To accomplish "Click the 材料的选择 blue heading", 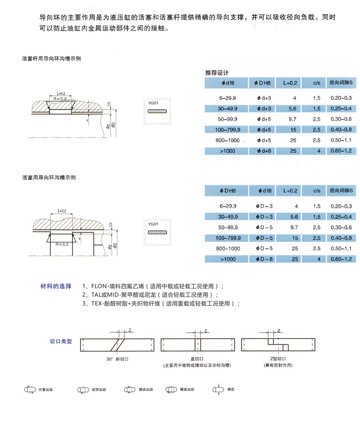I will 56,286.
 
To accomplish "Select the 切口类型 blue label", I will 61,342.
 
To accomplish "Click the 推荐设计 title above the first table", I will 217,73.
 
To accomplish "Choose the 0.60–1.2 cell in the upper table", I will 341,151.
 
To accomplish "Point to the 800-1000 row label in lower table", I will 228,248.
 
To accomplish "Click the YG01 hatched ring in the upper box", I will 157,111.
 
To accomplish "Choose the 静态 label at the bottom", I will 231,390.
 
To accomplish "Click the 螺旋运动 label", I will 187,390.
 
